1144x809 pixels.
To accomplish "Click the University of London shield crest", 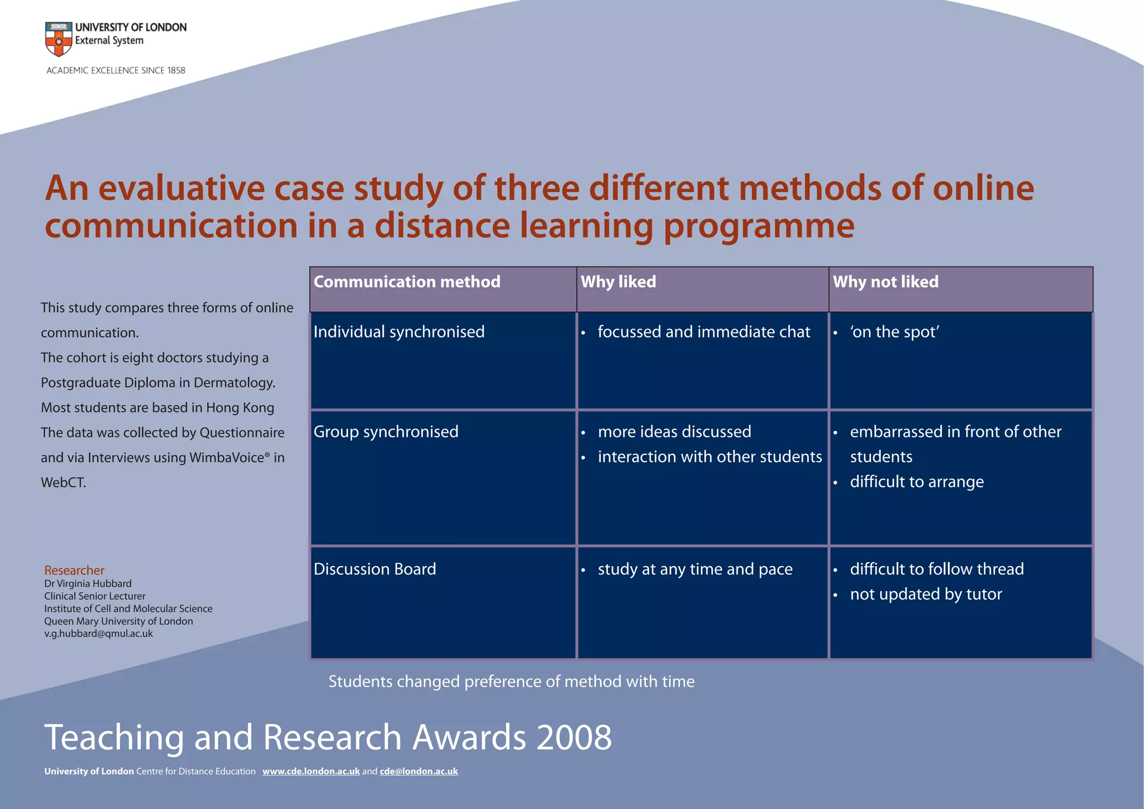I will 59,39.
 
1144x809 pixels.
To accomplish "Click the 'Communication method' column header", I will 407,282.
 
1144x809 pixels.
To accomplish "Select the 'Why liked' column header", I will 618,282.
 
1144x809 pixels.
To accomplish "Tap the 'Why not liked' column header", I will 885,282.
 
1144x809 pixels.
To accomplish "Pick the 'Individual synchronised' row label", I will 399,332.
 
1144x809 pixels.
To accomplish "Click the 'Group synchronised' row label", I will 386,432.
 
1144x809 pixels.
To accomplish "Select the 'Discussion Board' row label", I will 375,569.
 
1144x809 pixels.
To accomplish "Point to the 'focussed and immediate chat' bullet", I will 703,332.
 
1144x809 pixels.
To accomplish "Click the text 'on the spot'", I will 894,332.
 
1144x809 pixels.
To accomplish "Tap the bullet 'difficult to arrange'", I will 917,482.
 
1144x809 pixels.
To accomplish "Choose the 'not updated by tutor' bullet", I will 926,594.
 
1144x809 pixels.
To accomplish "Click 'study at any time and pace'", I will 695,569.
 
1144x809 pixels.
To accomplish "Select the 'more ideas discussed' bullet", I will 674,432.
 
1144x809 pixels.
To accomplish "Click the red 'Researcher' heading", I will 74,570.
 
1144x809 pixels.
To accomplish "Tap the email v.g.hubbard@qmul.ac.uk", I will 98,634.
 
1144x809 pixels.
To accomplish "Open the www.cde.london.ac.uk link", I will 311,772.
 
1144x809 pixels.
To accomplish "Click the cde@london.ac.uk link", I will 418,772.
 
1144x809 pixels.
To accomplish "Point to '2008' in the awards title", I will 574,737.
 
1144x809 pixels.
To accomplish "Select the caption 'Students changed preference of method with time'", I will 511,682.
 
